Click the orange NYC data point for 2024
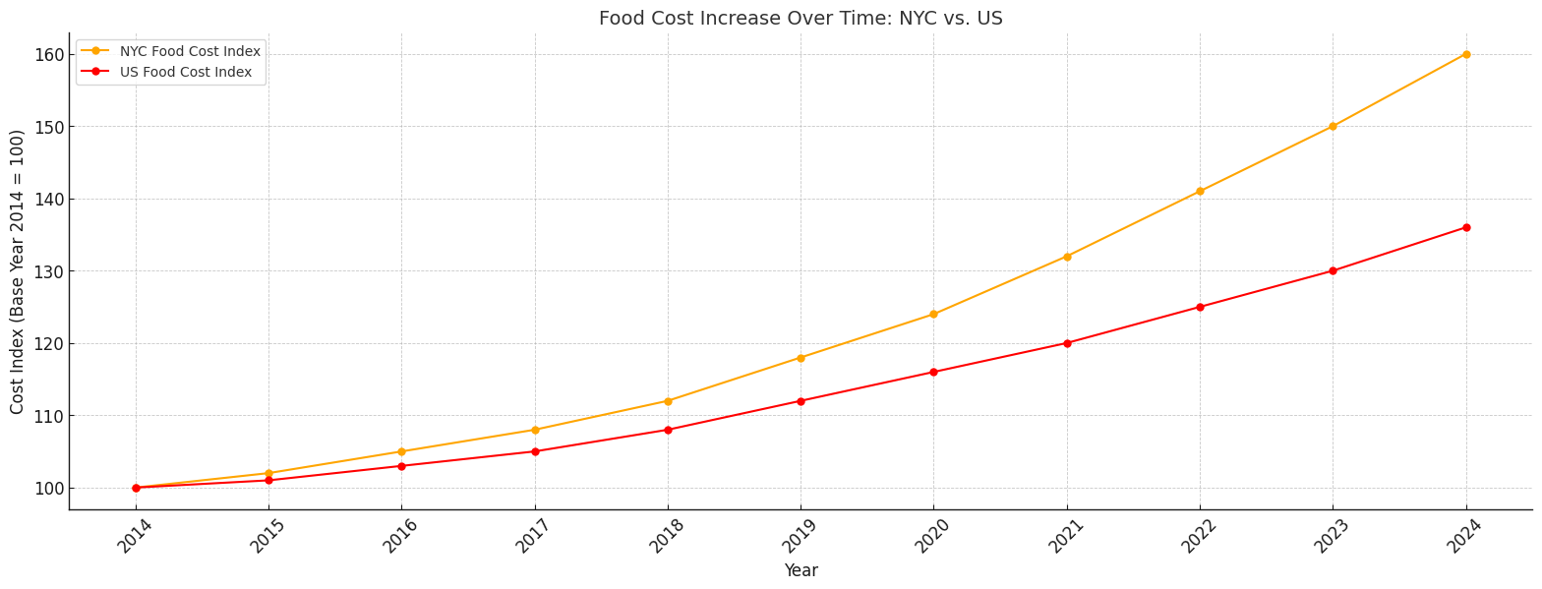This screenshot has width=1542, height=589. tap(1465, 54)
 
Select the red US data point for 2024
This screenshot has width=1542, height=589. tap(1465, 227)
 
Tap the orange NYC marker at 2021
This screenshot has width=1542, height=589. tap(1067, 257)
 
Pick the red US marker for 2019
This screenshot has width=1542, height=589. tap(801, 401)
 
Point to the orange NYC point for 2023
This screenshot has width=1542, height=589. tap(1333, 126)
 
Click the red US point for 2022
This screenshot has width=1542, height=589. tap(1200, 307)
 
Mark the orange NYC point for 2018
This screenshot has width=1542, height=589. tap(668, 401)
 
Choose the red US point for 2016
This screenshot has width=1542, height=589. tap(401, 466)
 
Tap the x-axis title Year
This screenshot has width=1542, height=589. tap(801, 570)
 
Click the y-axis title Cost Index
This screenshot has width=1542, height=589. tap(18, 271)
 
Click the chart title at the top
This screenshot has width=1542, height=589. tap(801, 18)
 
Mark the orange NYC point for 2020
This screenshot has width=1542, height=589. tap(933, 315)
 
